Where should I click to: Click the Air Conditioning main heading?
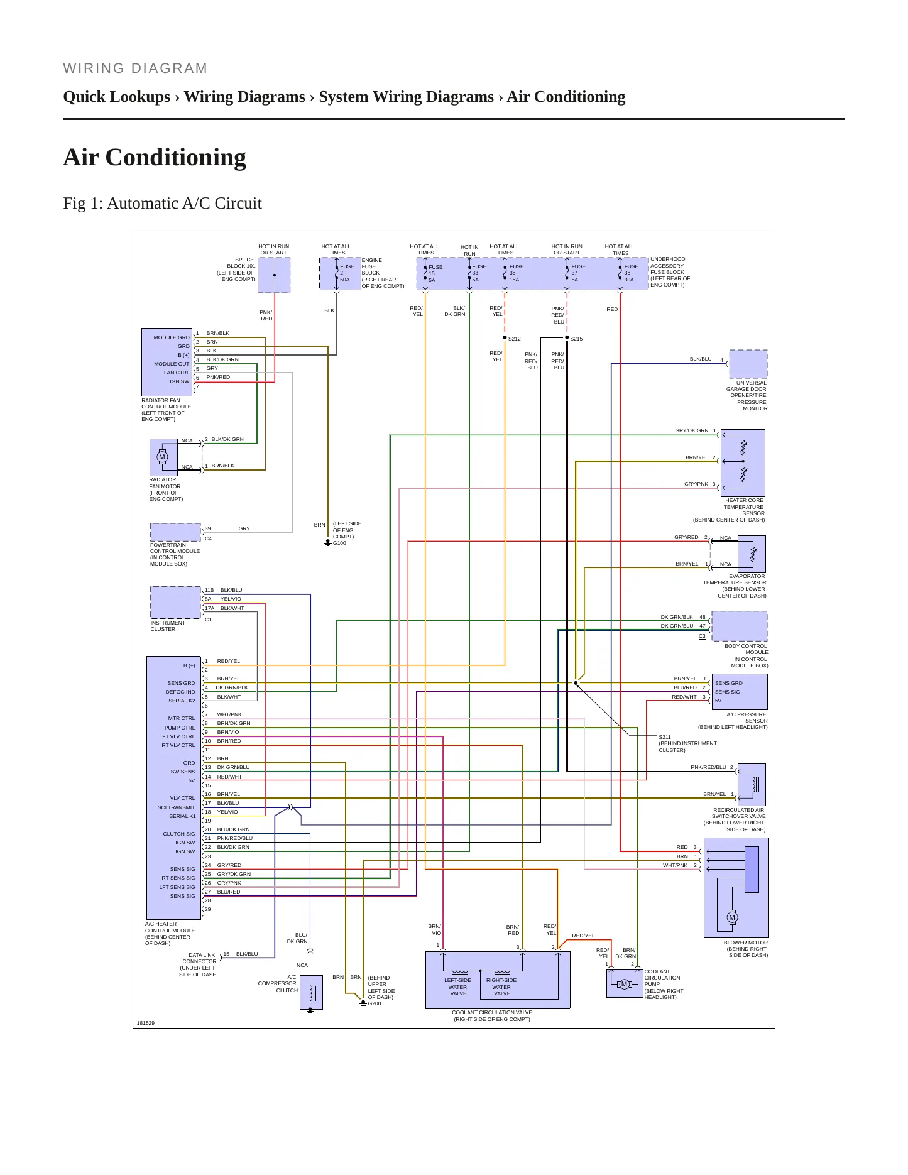[x=155, y=157]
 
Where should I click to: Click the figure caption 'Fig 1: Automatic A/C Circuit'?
[x=162, y=204]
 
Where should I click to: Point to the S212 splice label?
[x=514, y=339]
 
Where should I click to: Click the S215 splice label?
[x=576, y=339]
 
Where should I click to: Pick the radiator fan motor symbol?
[x=163, y=457]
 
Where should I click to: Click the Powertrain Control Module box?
[x=175, y=532]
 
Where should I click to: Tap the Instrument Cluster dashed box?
[x=175, y=603]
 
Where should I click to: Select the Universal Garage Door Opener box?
[x=748, y=364]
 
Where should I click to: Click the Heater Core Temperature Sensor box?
[x=743, y=463]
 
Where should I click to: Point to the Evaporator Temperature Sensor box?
[x=752, y=554]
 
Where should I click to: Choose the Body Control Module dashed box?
[x=740, y=626]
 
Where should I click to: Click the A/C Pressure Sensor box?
[x=740, y=692]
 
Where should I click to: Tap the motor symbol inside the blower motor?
[x=732, y=917]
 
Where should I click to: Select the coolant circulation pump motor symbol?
[x=624, y=984]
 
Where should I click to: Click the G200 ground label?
[x=375, y=1003]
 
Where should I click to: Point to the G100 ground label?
[x=339, y=543]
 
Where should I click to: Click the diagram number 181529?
[x=146, y=1023]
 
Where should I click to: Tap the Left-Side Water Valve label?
[x=457, y=987]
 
